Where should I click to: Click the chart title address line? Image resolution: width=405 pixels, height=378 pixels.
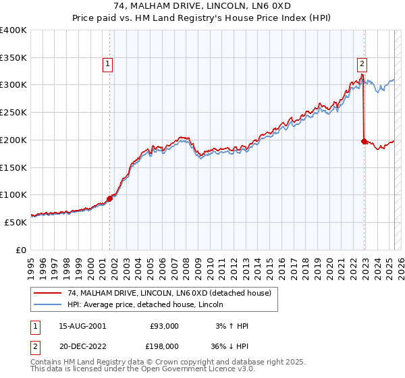pyautogui.click(x=202, y=7)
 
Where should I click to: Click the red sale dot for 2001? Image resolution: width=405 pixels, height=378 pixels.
pyautogui.click(x=109, y=198)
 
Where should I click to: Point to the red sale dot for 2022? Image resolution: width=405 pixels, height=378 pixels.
pyautogui.click(x=364, y=141)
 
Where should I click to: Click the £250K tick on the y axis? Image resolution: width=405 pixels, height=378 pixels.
pyautogui.click(x=14, y=112)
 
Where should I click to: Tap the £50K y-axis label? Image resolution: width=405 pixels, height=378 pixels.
pyautogui.click(x=16, y=221)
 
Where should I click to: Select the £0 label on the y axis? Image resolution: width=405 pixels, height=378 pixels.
pyautogui.click(x=22, y=249)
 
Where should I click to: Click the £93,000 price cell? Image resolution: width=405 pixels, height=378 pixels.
pyautogui.click(x=165, y=325)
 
